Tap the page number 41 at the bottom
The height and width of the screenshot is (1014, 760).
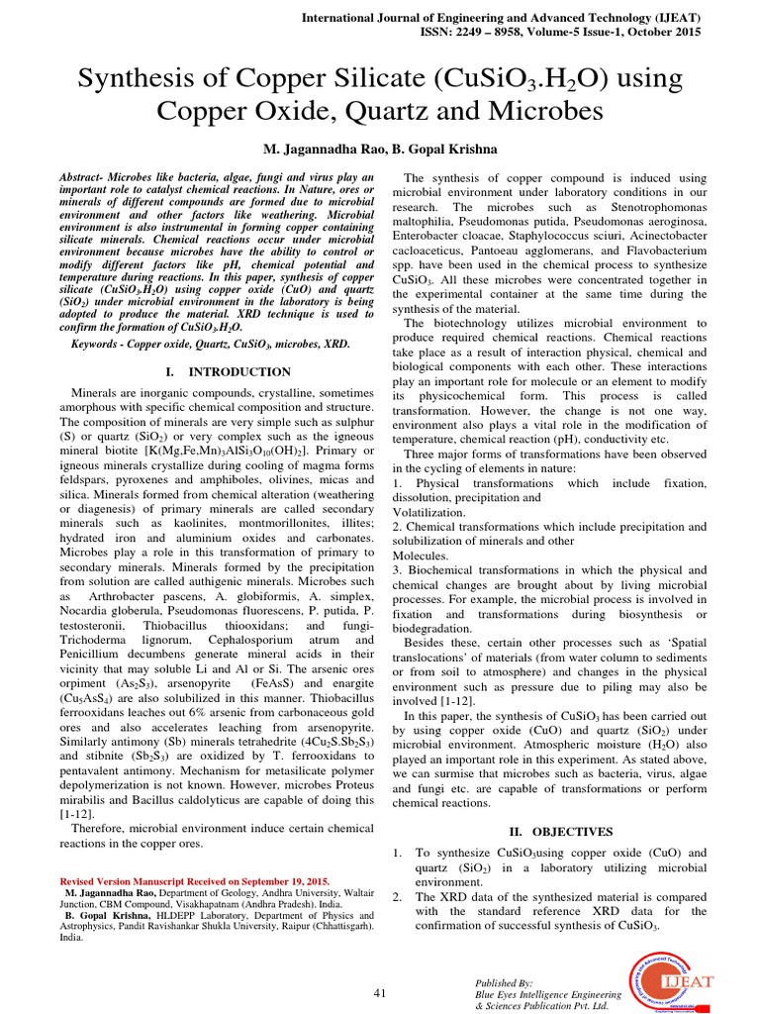coord(379,992)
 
